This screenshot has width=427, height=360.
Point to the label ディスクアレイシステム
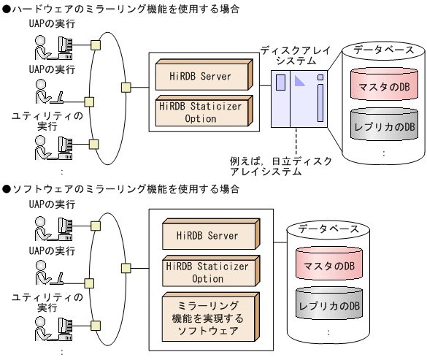296,55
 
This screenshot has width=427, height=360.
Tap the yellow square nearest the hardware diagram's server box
126,88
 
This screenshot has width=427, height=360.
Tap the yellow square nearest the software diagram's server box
126,280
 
